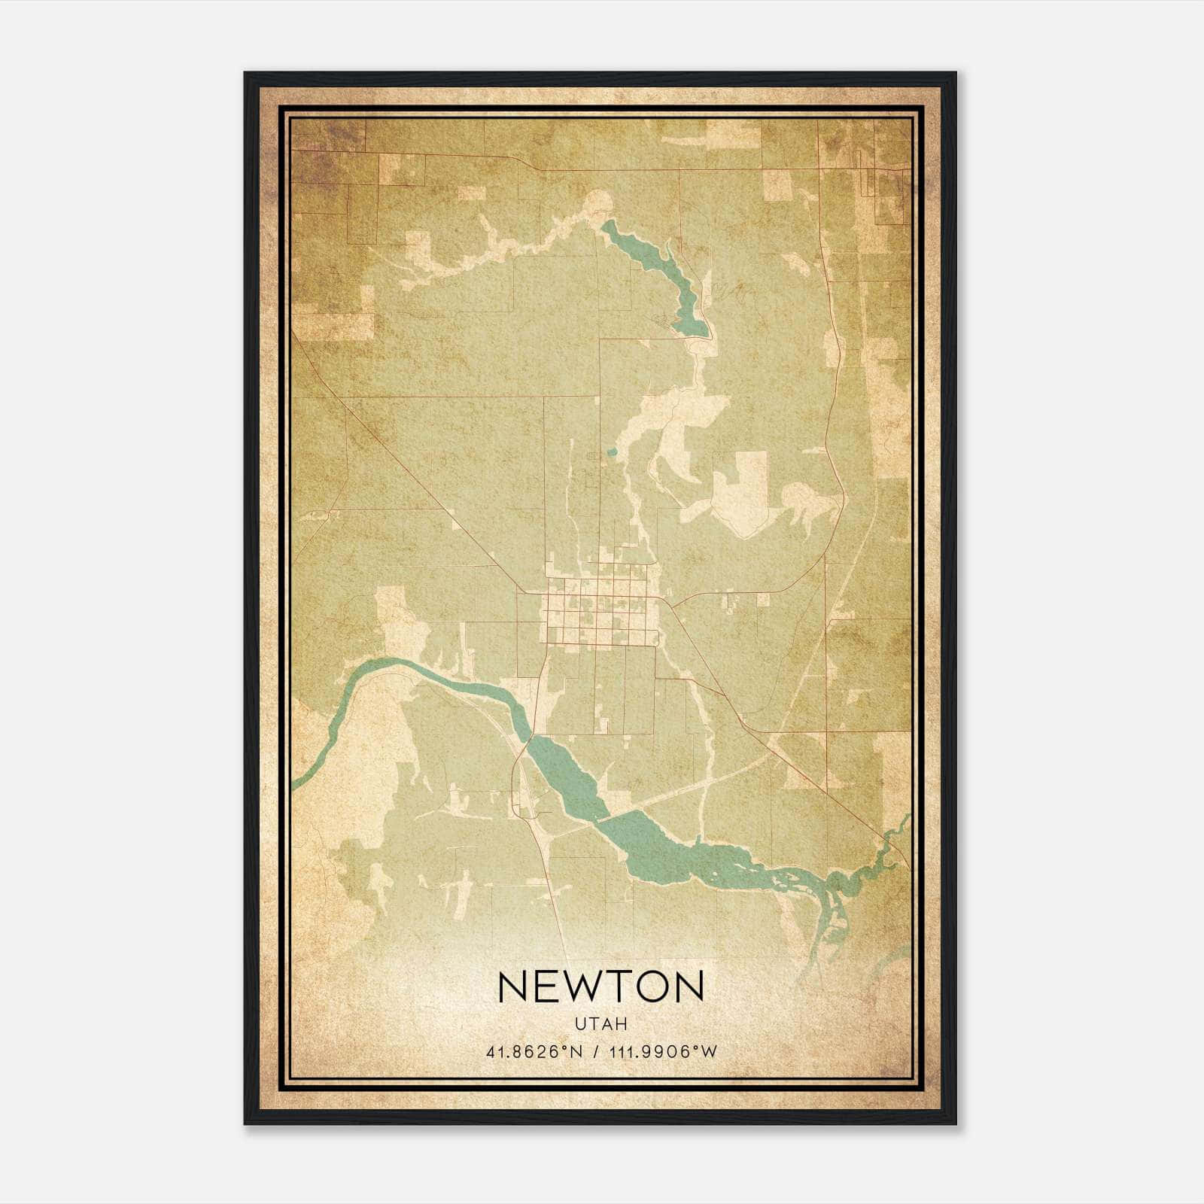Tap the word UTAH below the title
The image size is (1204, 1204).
click(x=600, y=1024)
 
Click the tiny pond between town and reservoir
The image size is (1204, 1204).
click(x=612, y=452)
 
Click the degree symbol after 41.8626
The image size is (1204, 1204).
click(x=567, y=1048)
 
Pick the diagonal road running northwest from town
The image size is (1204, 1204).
click(x=421, y=482)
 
